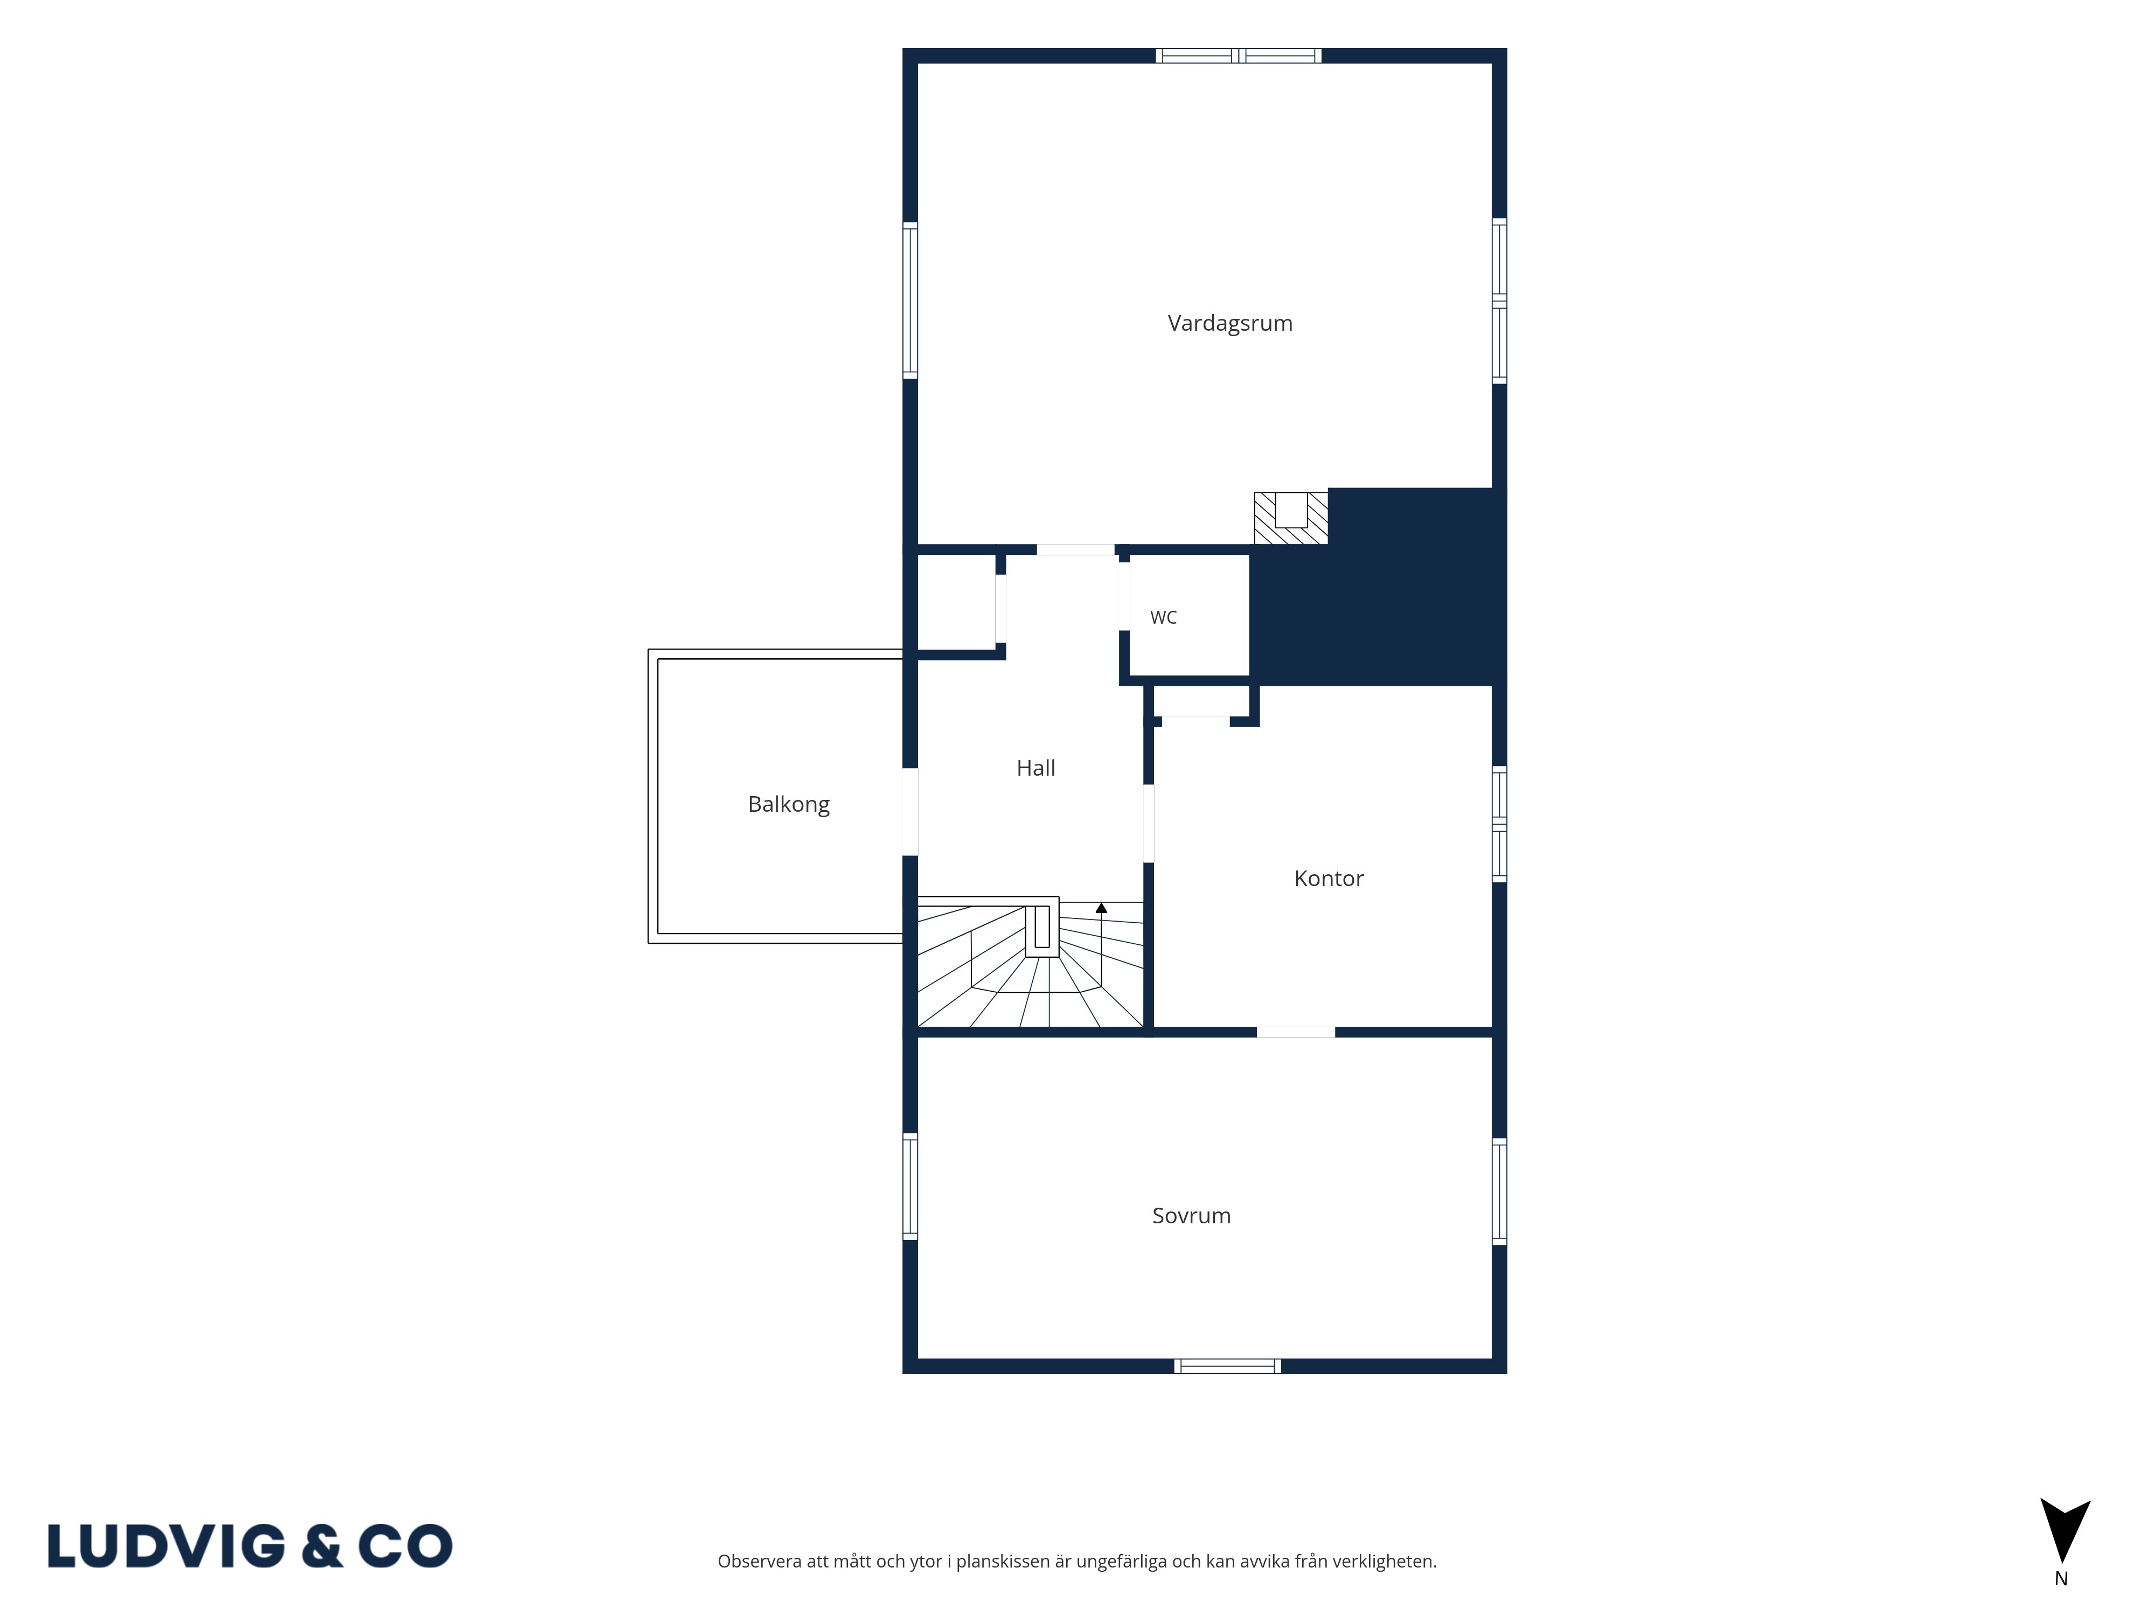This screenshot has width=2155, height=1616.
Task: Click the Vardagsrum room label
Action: click(x=1229, y=323)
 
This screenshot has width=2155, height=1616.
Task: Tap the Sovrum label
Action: click(x=1192, y=1216)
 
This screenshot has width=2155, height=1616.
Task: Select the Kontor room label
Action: click(x=1329, y=879)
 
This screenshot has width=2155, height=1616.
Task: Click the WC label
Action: click(x=1163, y=617)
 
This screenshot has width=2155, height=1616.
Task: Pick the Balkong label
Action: click(x=789, y=805)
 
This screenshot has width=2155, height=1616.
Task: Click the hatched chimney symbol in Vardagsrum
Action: click(x=1291, y=517)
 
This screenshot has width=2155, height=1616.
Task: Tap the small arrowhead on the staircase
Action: click(x=1101, y=908)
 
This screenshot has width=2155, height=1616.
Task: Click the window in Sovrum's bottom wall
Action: click(x=1227, y=1366)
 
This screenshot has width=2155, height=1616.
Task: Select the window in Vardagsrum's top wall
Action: click(x=1238, y=55)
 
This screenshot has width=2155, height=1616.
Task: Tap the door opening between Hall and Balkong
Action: click(x=910, y=811)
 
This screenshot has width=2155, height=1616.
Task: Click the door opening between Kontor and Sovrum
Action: click(x=1296, y=1032)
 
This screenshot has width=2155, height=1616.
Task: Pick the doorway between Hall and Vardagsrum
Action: click(x=1075, y=549)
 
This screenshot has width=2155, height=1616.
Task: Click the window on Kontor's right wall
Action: click(x=1499, y=824)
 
